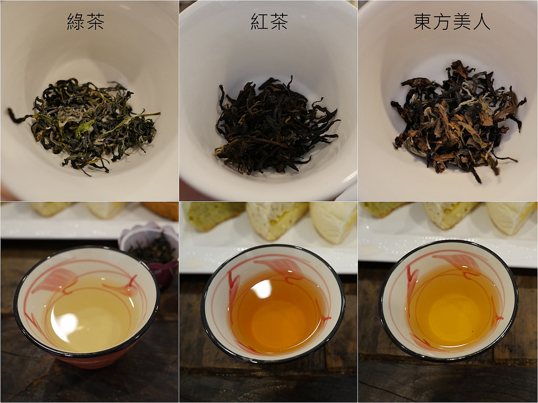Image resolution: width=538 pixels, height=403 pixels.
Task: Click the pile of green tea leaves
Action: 84,125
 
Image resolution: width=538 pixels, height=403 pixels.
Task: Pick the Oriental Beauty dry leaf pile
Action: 458,120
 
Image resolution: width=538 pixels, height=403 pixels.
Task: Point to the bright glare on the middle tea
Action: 262,289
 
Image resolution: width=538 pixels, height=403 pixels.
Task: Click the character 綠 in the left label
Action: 76,22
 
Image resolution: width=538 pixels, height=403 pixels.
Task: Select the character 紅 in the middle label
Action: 259,22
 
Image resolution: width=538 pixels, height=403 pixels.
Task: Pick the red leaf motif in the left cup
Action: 55,279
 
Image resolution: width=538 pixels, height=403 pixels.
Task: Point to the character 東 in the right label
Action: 422,22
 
